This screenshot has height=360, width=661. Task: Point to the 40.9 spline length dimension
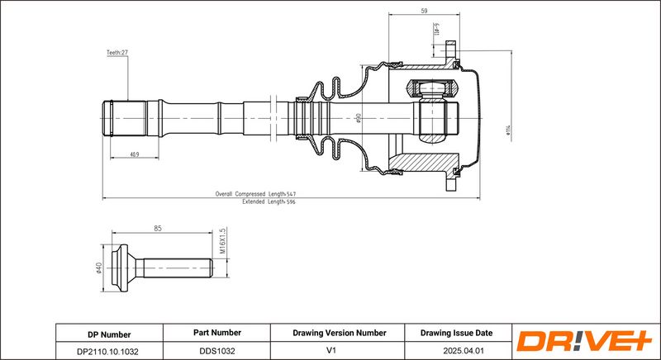133,154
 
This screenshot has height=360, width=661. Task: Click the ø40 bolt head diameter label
97,269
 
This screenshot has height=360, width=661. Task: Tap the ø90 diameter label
359,118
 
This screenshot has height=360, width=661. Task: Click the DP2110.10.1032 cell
109,350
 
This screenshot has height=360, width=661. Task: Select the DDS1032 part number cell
216,350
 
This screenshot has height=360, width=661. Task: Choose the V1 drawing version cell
340,350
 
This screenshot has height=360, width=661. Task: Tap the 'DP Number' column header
109,334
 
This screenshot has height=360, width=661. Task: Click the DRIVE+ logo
584,341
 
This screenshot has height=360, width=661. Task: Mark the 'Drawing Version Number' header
340,333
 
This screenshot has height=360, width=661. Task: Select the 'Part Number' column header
216,333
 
